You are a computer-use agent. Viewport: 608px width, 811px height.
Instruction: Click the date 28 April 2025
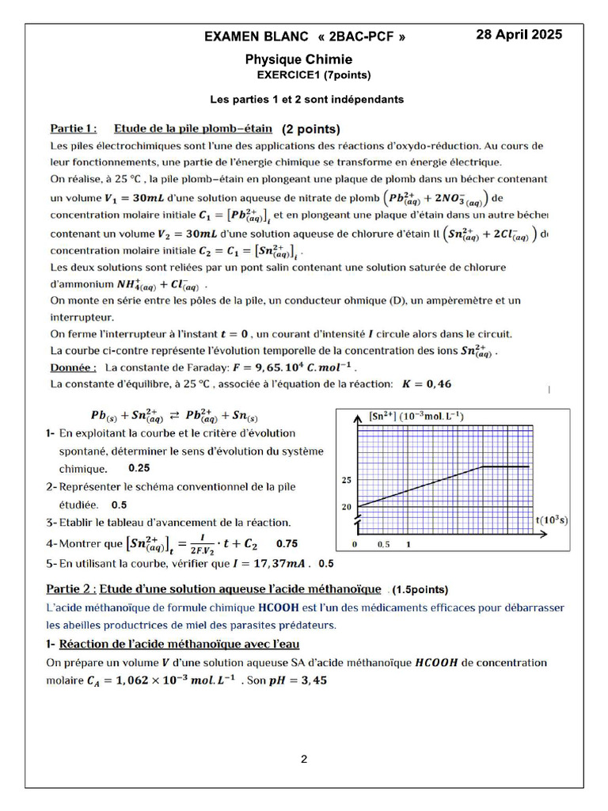point(519,34)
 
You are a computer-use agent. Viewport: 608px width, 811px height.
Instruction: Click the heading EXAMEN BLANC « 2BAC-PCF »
point(305,36)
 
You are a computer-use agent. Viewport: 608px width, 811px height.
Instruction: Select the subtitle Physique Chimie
point(298,59)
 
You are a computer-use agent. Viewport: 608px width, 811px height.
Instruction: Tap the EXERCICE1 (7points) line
point(313,75)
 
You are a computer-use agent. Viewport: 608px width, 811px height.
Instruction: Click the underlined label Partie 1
point(74,128)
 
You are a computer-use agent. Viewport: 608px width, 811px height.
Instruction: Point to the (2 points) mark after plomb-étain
point(311,129)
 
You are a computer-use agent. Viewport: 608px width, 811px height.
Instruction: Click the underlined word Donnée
point(74,367)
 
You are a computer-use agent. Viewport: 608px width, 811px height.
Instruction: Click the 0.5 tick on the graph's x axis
point(382,546)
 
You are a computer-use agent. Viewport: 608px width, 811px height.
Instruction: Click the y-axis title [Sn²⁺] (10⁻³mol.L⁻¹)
point(416,416)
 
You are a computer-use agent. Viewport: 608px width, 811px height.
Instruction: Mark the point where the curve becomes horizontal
point(482,466)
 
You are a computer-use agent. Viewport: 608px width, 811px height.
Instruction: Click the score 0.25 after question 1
point(139,468)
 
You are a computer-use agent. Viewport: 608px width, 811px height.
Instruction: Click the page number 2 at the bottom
point(304,760)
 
